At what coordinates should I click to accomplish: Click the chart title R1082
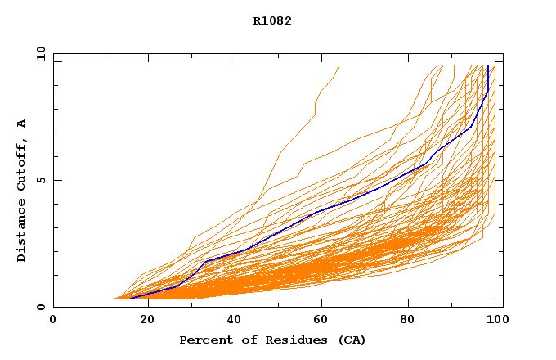(x=272, y=20)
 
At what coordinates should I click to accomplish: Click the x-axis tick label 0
(x=53, y=320)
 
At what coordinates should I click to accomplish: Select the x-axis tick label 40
(x=235, y=320)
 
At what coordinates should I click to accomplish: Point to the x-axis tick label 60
(x=324, y=320)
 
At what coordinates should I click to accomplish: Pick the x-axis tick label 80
(x=413, y=320)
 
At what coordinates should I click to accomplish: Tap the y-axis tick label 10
(x=40, y=54)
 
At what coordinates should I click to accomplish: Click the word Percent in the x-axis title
(x=203, y=340)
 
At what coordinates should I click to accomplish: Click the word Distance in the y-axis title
(x=21, y=229)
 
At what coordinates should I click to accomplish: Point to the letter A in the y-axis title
(x=21, y=124)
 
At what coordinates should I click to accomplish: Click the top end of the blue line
(x=488, y=66)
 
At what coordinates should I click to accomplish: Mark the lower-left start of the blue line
(x=130, y=298)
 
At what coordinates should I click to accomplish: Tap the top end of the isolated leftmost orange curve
(x=339, y=66)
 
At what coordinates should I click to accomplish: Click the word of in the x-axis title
(x=244, y=340)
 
